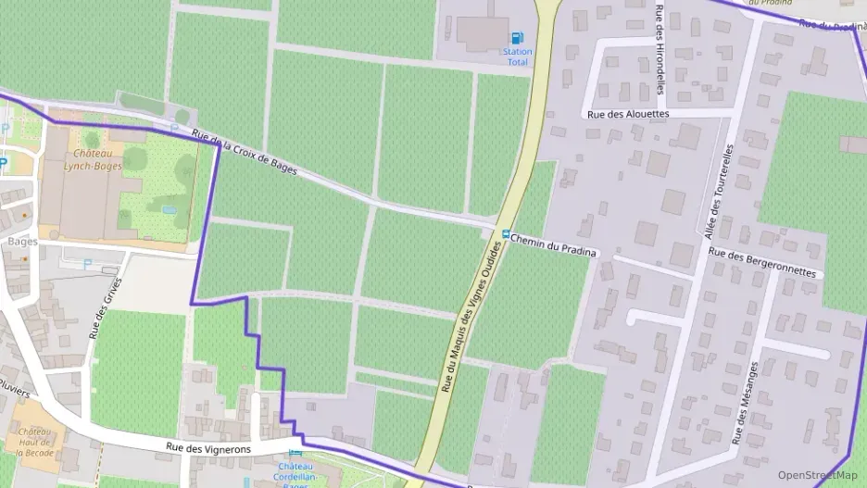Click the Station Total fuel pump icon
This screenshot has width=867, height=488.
[x=517, y=38]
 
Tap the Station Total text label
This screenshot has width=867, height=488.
[x=518, y=56]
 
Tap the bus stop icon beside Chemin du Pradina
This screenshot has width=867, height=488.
[x=506, y=233]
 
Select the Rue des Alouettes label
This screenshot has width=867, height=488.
[x=628, y=114]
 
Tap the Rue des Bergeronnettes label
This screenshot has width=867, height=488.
[x=762, y=262]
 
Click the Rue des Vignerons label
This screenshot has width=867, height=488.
[x=208, y=447]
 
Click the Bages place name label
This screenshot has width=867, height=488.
[x=22, y=242]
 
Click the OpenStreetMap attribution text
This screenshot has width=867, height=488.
[x=817, y=475]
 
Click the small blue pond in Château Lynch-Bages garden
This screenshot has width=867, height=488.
[x=169, y=210]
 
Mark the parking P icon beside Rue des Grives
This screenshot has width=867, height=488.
[x=88, y=264]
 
